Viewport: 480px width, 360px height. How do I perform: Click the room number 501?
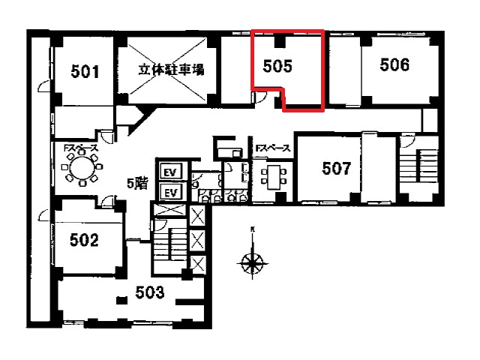[x=85, y=71]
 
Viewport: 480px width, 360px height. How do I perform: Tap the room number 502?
[x=85, y=240]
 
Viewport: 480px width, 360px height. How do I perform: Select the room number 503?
[x=150, y=292]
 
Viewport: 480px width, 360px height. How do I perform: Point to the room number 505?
[x=277, y=66]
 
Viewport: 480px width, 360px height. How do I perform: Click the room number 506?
[x=394, y=64]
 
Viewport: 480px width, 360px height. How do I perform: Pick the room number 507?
[x=337, y=168]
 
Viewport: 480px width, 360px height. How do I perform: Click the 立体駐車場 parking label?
[x=171, y=70]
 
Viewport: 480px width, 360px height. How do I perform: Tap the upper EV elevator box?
[x=171, y=172]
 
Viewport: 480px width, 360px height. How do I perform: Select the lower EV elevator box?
[x=171, y=192]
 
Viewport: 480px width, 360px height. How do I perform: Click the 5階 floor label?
[x=138, y=184]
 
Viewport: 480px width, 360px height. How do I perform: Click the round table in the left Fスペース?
[x=82, y=168]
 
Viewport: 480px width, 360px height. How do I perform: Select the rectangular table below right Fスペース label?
[x=274, y=177]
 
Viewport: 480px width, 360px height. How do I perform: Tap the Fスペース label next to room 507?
[x=273, y=148]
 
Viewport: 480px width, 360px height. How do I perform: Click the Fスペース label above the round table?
[x=81, y=148]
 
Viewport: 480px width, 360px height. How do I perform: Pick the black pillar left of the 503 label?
[x=121, y=300]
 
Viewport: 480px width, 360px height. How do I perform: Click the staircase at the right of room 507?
[x=419, y=172]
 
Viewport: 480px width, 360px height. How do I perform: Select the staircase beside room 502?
[x=170, y=245]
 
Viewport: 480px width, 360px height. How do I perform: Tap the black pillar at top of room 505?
[x=280, y=42]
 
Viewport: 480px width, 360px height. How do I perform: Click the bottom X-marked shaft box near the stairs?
[x=197, y=265]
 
